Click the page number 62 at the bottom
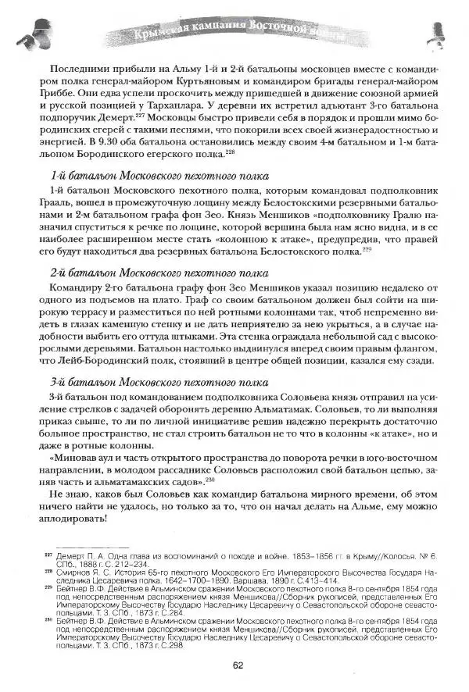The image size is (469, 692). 237,665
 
